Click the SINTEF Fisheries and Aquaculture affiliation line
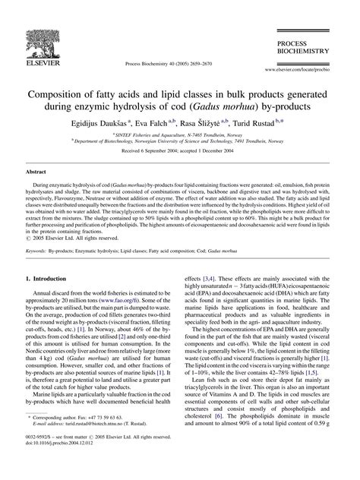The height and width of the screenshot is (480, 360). pyautogui.click(x=180, y=133)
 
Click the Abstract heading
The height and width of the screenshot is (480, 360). pyautogui.click(x=37, y=173)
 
